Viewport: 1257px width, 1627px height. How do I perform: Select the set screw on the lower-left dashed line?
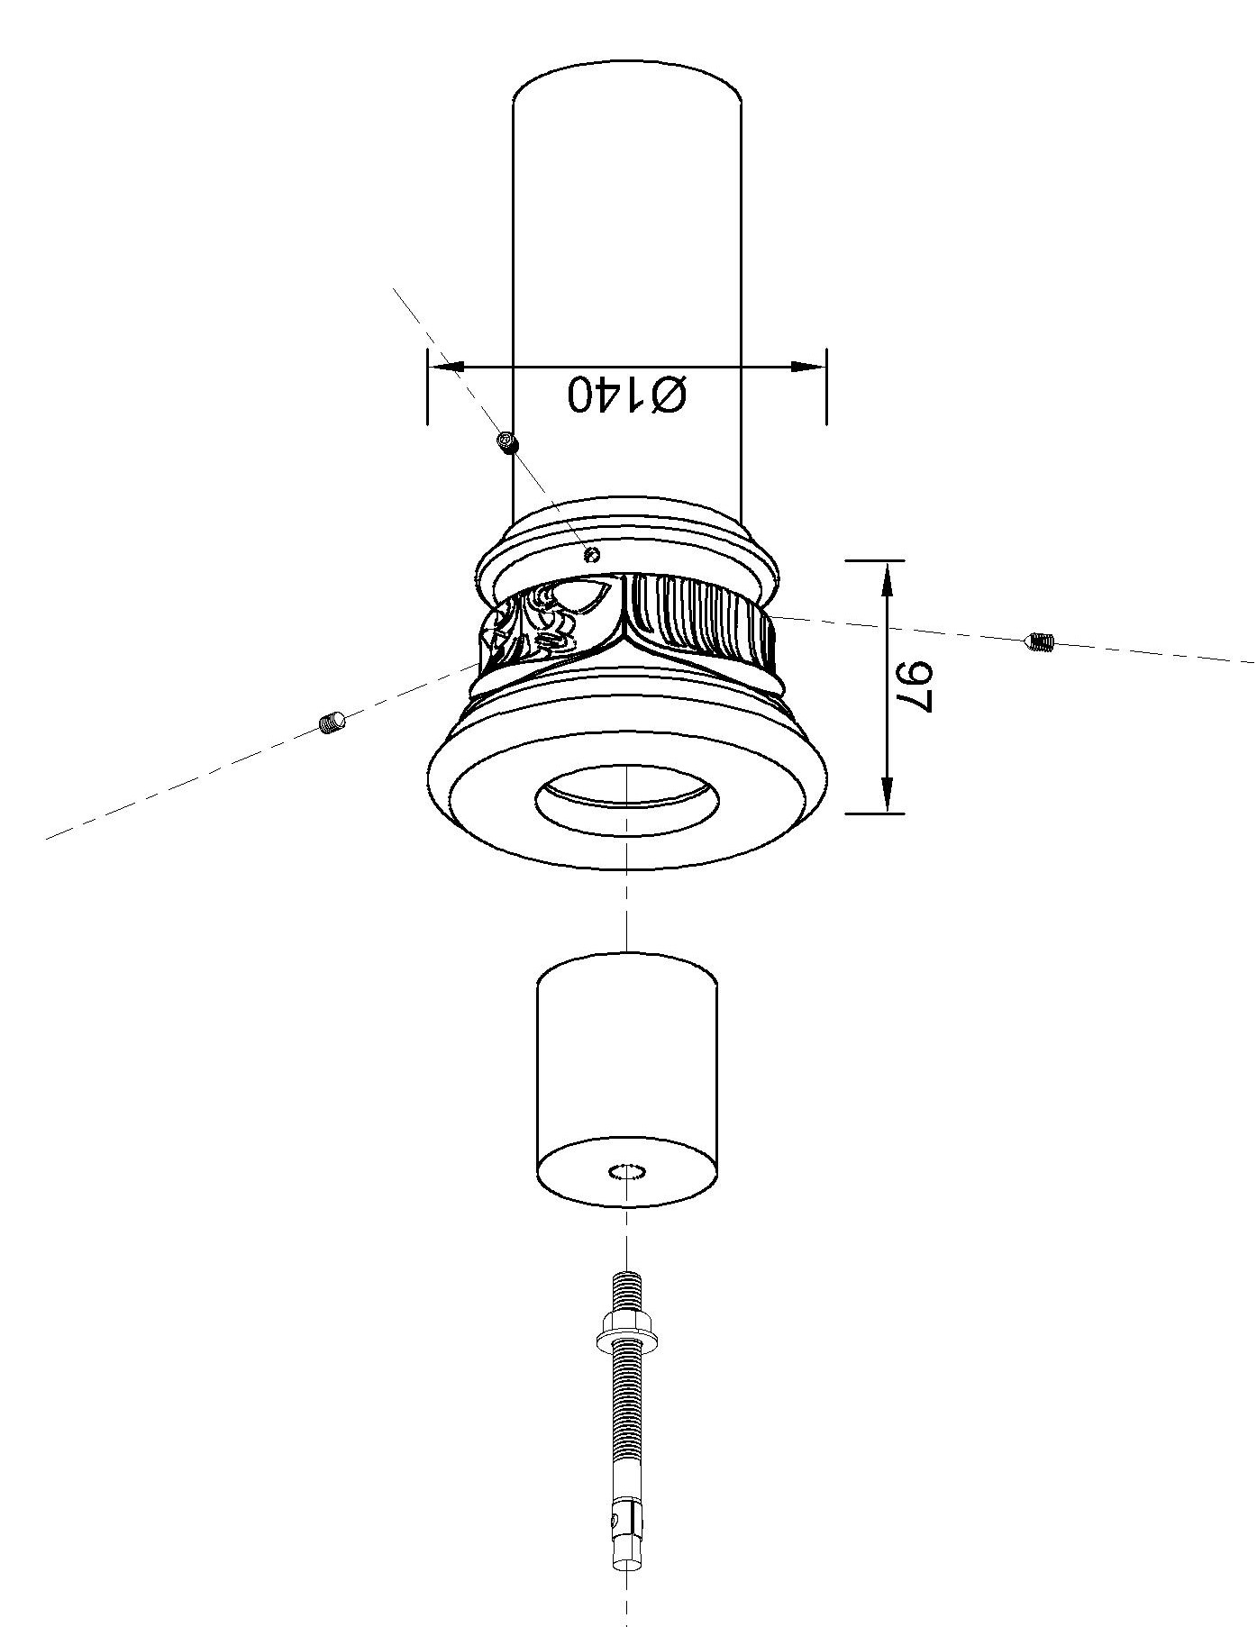(333, 721)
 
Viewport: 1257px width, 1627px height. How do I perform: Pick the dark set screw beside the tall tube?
(509, 442)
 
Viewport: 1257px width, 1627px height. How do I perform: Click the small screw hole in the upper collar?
(592, 553)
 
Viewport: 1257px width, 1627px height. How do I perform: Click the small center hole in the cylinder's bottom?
(627, 1171)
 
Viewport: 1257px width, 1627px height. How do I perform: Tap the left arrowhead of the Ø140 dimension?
(446, 367)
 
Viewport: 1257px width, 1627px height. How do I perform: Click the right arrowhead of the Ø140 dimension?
(806, 367)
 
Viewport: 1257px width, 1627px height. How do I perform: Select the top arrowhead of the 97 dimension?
(888, 577)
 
